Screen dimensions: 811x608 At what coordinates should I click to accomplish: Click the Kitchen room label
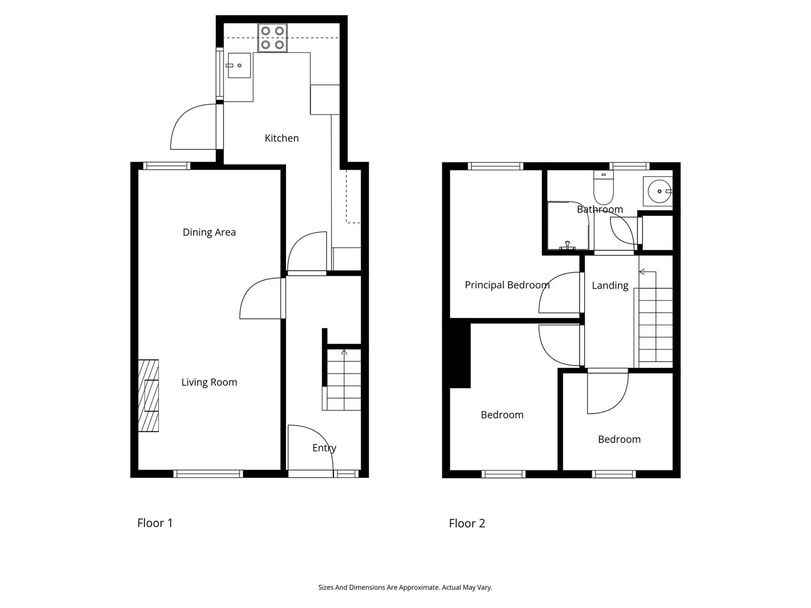pos(281,138)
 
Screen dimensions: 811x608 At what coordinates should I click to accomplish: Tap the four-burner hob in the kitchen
pos(272,38)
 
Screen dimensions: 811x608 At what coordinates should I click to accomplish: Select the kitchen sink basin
pos(239,65)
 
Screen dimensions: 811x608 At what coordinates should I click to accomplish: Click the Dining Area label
pos(209,232)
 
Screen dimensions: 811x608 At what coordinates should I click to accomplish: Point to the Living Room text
pos(209,382)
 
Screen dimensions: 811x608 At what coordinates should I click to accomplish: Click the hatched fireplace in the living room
pos(148,396)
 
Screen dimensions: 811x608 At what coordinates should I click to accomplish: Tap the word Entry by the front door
pos(324,448)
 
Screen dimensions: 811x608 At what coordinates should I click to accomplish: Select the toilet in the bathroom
pos(603,187)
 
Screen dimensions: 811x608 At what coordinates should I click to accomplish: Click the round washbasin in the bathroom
pos(659,191)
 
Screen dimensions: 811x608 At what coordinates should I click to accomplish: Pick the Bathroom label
pos(600,210)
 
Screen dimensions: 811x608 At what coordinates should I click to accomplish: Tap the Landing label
pos(610,285)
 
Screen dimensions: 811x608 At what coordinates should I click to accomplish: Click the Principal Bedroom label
pos(507,285)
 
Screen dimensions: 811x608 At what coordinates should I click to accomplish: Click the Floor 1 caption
pos(155,523)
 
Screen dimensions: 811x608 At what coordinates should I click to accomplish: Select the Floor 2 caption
pos(467,523)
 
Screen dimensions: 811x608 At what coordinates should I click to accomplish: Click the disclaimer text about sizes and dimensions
pos(405,587)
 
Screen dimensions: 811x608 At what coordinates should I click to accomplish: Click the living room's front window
pos(208,474)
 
